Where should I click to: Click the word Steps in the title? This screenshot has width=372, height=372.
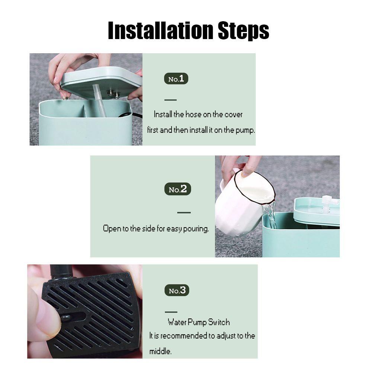pyautogui.click(x=243, y=31)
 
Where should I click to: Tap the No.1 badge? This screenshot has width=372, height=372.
pyautogui.click(x=176, y=79)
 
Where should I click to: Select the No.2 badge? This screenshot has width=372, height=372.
pyautogui.click(x=178, y=189)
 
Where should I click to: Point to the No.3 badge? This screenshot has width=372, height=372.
pyautogui.click(x=177, y=290)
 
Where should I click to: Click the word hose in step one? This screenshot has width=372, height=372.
pyautogui.click(x=193, y=114)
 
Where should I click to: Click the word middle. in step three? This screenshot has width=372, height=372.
pyautogui.click(x=160, y=351)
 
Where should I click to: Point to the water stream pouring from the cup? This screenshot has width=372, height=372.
pyautogui.click(x=271, y=215)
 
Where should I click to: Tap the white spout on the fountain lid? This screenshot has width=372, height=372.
pyautogui.click(x=330, y=202)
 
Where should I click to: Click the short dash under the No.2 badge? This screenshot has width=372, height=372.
pyautogui.click(x=184, y=212)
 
